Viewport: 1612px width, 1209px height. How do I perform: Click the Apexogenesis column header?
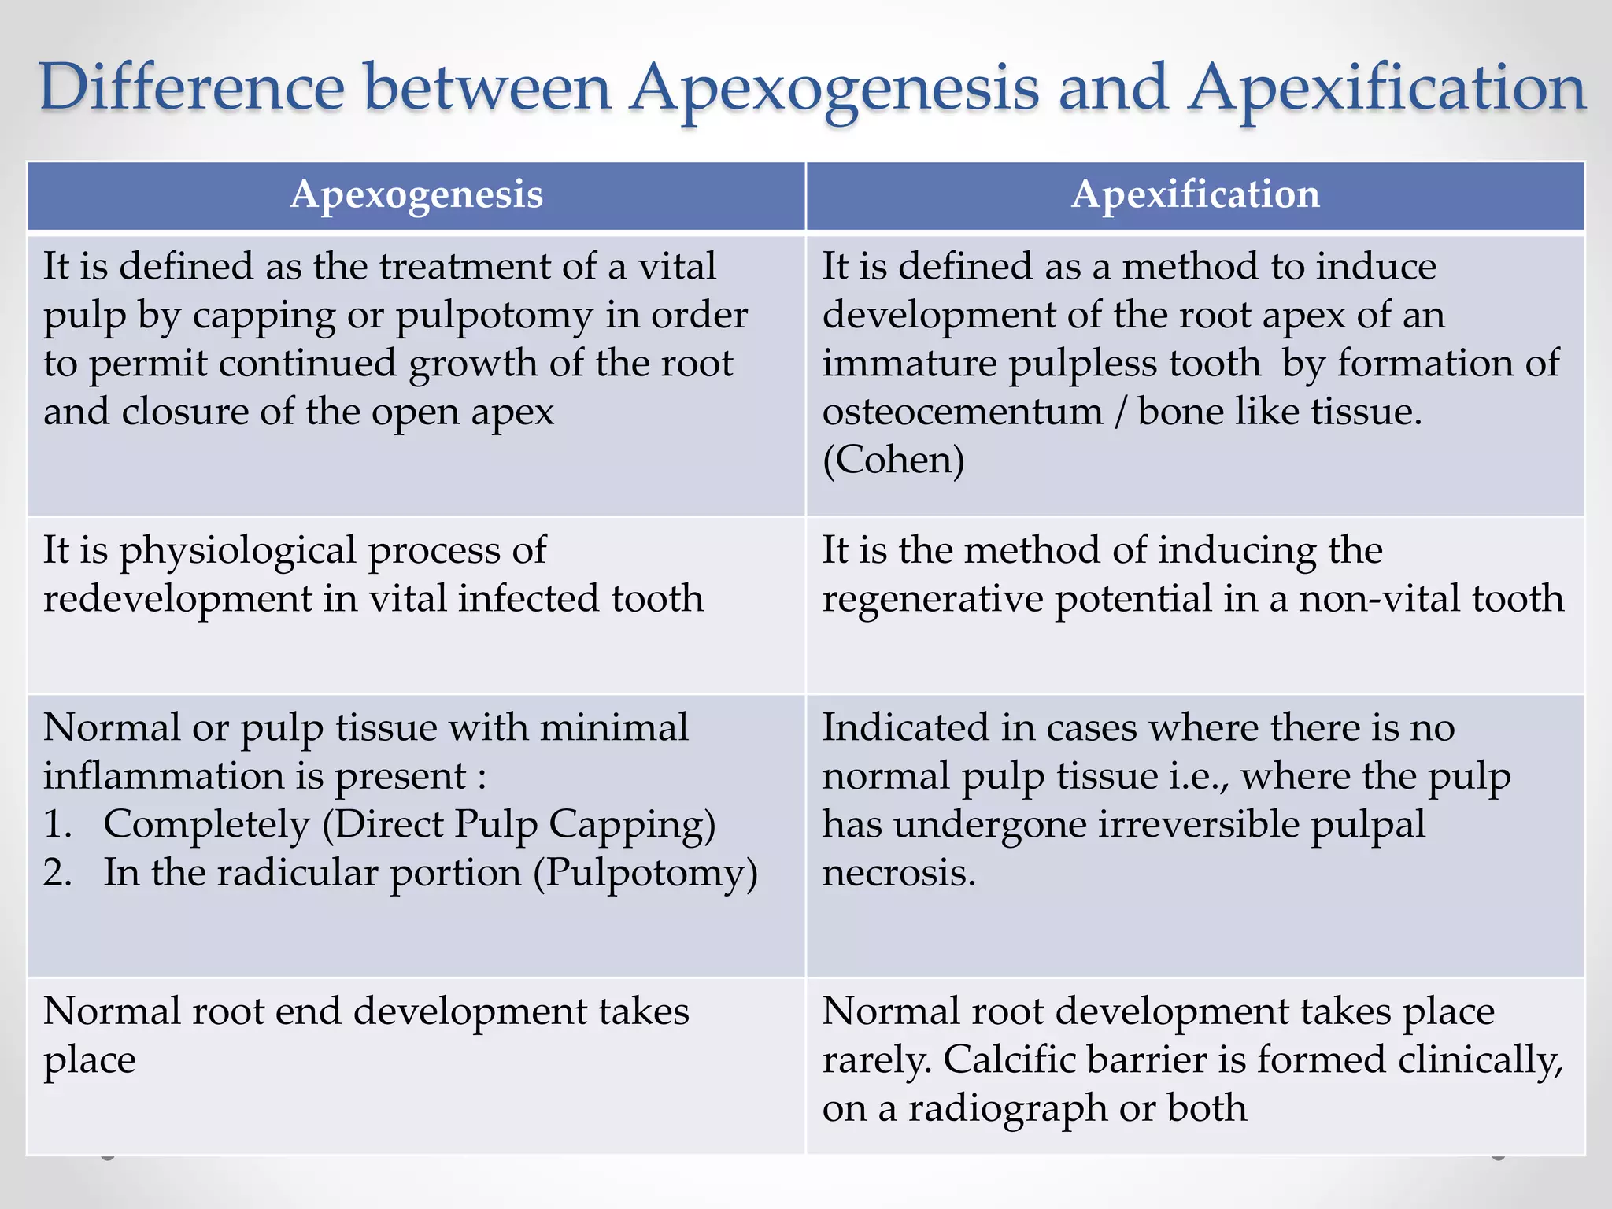click(x=416, y=195)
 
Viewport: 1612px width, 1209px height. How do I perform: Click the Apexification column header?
click(x=1195, y=195)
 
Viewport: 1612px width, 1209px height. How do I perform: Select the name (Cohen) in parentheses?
click(x=893, y=460)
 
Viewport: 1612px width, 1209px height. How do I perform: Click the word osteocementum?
click(x=962, y=412)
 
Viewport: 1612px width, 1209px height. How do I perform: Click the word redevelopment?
click(x=177, y=599)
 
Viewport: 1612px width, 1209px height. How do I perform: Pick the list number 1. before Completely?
click(x=57, y=825)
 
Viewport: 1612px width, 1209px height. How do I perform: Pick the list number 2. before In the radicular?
click(x=57, y=874)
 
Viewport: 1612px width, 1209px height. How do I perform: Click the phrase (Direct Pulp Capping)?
click(x=519, y=825)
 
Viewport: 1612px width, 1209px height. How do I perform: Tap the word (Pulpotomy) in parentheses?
click(x=645, y=874)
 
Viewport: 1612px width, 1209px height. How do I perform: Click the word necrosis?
click(x=899, y=874)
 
